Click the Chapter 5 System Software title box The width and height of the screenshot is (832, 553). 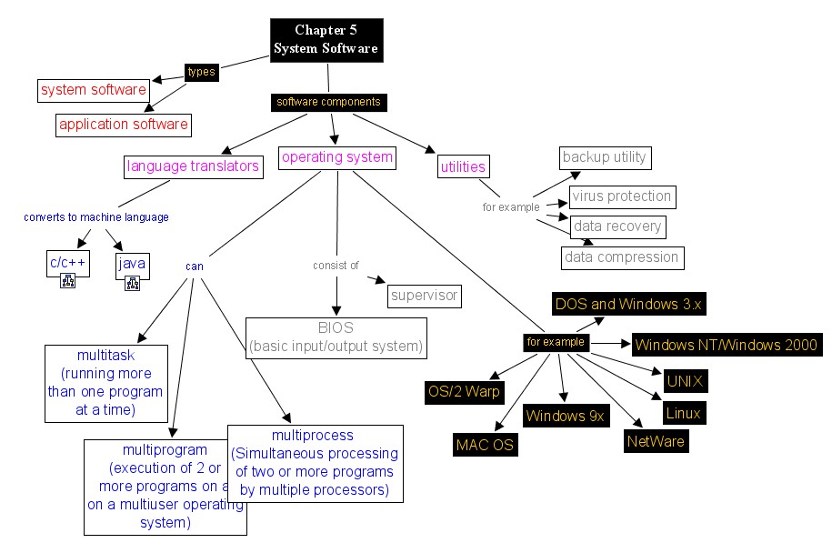[x=326, y=41]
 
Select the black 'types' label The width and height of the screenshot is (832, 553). [x=201, y=72]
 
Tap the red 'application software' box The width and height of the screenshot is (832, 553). [x=124, y=125]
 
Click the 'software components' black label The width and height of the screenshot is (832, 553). [x=328, y=102]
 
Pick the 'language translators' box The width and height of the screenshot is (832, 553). [x=194, y=166]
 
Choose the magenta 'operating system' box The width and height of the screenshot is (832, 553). [x=337, y=157]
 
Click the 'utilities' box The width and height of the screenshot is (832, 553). [x=463, y=166]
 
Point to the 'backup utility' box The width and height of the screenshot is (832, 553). [x=604, y=157]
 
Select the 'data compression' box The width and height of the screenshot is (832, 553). [x=622, y=257]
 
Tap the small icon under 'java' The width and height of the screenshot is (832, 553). [x=133, y=283]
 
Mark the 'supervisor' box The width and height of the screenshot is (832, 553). [x=424, y=296]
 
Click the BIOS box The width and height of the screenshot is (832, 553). [x=336, y=337]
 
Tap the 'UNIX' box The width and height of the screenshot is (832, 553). [x=686, y=380]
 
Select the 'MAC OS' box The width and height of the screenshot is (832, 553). [x=485, y=445]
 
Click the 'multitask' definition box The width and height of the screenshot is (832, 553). [x=106, y=382]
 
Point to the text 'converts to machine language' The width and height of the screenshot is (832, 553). [x=96, y=217]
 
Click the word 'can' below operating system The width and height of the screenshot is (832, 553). [x=194, y=266]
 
